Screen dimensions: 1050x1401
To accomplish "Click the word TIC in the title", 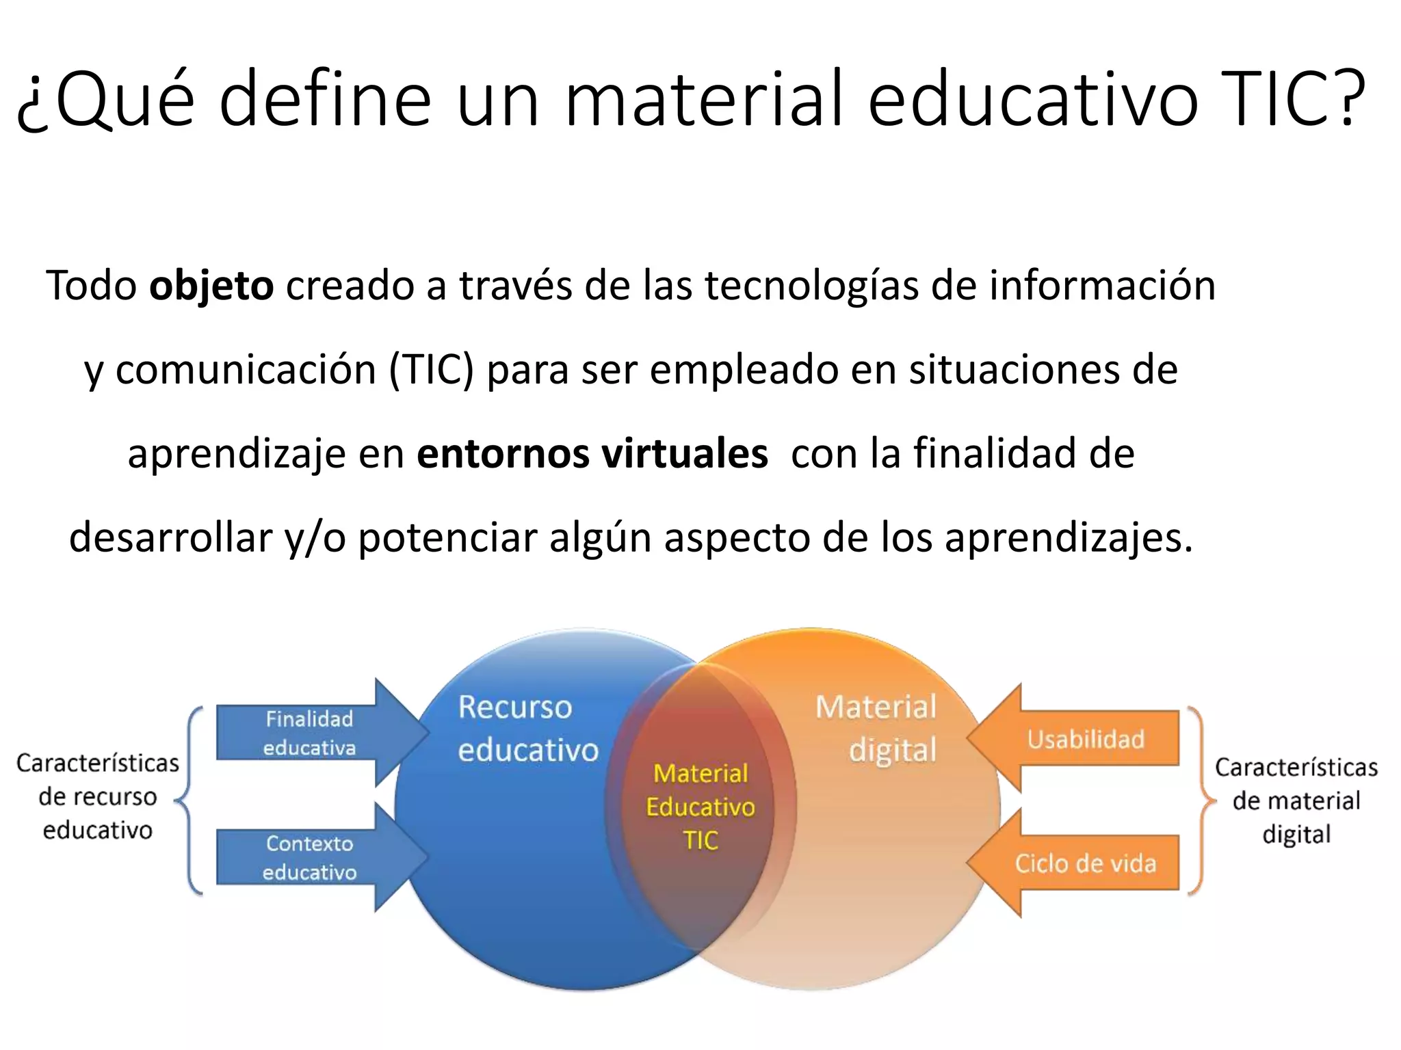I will (x=1272, y=99).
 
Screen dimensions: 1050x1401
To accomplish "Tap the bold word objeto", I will (x=211, y=286).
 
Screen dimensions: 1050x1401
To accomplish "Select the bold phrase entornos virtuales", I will (x=592, y=454).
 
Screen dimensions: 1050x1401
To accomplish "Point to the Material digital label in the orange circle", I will (x=879, y=729).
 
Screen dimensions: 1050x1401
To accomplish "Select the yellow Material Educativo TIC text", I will (x=700, y=807).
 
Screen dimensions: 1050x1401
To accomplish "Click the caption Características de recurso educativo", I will (x=97, y=796).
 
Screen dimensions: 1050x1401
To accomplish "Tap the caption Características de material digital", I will (x=1296, y=800).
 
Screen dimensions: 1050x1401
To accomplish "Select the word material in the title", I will (x=705, y=99).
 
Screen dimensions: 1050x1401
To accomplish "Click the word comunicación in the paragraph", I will (x=246, y=371).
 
